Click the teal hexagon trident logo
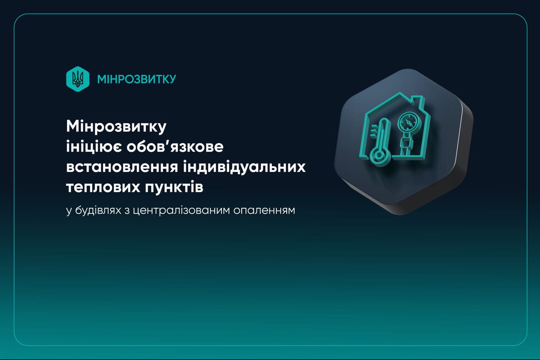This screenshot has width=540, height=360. click(77, 79)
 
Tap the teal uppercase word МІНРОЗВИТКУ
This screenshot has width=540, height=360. click(137, 79)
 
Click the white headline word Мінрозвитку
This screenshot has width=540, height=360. click(116, 127)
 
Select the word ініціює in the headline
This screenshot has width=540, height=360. click(94, 147)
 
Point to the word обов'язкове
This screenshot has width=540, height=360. click(175, 147)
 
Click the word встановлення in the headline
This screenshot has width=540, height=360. click(122, 167)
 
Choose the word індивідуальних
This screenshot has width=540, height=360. click(244, 167)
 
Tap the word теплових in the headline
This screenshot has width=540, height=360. click(103, 187)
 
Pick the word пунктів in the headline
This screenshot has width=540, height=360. click(174, 187)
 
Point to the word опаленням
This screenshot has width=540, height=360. click(264, 211)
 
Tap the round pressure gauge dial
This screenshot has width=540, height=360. click(409, 123)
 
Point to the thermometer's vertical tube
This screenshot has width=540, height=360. click(382, 134)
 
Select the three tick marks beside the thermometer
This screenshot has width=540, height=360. click(374, 132)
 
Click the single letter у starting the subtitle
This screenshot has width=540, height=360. click(69, 211)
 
